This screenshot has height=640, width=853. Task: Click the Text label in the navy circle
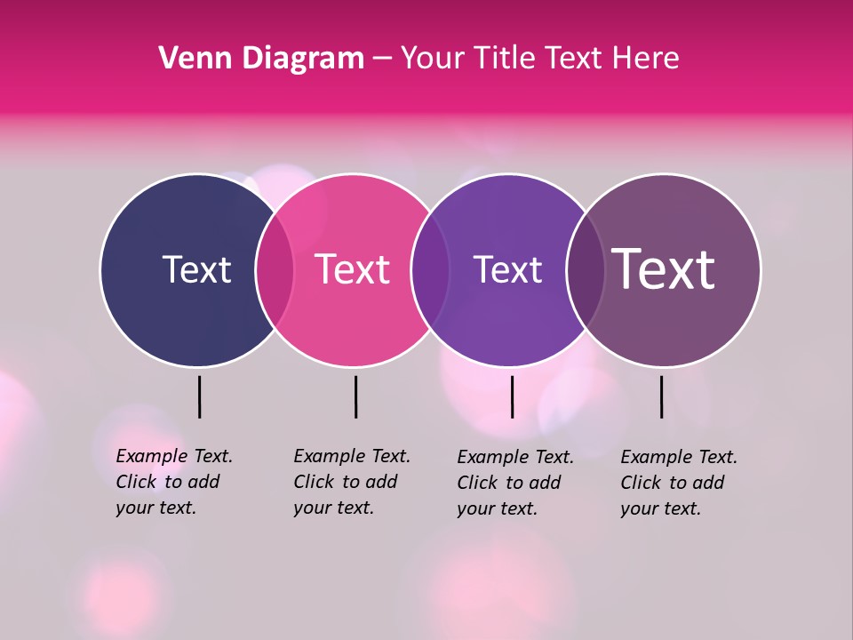(196, 269)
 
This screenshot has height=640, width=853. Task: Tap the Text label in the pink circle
(353, 269)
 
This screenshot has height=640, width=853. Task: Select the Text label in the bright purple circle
(507, 269)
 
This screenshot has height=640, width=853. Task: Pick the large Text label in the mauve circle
(664, 269)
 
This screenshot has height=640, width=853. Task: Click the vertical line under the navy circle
(199, 396)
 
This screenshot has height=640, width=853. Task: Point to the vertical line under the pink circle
(355, 396)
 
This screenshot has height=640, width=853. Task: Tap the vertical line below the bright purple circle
(512, 396)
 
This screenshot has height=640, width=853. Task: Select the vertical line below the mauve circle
(661, 396)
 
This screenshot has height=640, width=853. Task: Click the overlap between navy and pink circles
(275, 270)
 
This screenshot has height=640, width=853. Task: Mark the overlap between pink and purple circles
(428, 270)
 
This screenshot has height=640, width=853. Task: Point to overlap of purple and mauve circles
(585, 270)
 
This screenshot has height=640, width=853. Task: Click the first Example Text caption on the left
(174, 482)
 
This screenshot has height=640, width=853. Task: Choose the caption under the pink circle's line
(352, 482)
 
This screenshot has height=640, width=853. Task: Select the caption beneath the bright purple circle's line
(515, 483)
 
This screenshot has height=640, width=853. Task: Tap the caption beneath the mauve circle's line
(679, 483)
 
